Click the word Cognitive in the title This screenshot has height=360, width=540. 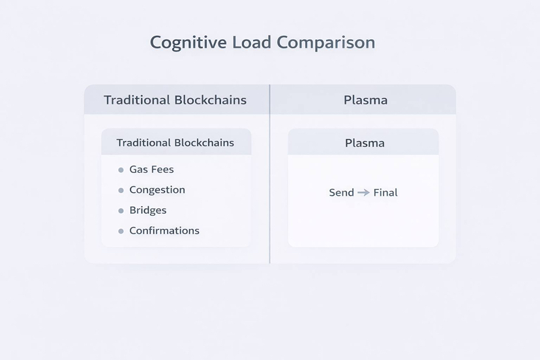pos(188,43)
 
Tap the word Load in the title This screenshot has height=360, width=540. pos(252,43)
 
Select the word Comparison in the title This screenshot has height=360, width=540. pos(325,43)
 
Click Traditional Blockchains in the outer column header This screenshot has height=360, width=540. pos(175,100)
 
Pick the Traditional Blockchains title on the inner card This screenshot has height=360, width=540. pos(175,143)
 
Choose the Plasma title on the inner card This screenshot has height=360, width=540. pos(365,143)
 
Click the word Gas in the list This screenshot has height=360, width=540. pos(138,170)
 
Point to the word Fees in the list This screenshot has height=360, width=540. pos(162,170)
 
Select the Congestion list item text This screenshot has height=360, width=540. pos(157,190)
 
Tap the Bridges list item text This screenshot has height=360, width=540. pos(148,210)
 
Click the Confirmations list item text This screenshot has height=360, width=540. pos(164,230)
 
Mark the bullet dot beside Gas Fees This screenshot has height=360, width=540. pos(121,170)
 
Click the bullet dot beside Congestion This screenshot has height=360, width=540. pos(121,190)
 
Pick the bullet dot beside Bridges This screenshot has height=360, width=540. pos(121,211)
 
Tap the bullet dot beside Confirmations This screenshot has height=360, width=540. pos(121,231)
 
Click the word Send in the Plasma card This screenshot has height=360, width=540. pos(342,192)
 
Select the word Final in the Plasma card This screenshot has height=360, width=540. pos(385,192)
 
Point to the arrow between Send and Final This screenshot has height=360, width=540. pos(364,192)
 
